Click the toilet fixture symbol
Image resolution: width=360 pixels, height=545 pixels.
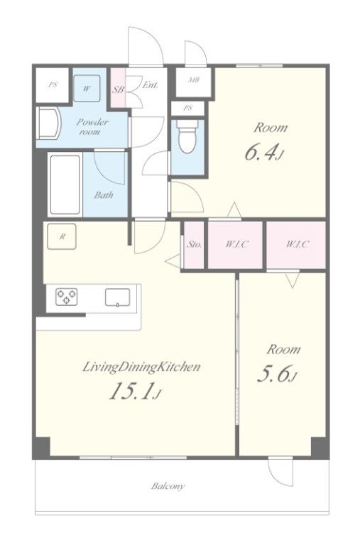187,137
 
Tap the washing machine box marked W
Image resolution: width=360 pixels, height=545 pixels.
87,88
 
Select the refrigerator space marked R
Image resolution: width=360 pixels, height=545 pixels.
62,236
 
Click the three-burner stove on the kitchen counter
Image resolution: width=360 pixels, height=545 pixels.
67,297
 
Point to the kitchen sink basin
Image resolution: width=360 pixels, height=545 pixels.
118,297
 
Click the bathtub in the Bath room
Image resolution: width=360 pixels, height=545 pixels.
65,185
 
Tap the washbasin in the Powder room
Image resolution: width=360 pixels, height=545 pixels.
49,123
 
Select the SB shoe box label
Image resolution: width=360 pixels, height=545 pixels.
119,89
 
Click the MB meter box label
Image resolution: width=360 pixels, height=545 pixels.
194,80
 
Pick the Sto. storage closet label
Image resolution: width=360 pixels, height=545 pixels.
194,244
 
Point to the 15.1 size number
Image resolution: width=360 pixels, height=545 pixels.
131,392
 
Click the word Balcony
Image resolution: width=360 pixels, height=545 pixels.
168,486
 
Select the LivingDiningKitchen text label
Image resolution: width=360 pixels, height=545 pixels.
141,367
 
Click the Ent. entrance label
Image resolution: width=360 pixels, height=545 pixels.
151,85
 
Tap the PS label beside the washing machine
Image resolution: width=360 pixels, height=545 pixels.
53,84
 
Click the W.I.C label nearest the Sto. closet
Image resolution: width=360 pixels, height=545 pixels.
237,244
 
